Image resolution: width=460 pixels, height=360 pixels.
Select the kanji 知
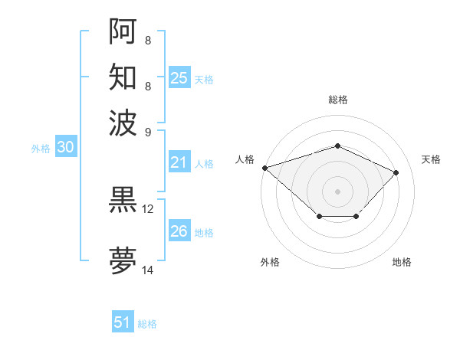pos(123,77)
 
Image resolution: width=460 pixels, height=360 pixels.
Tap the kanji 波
pos(123,122)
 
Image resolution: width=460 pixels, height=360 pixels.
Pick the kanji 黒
pos(123,200)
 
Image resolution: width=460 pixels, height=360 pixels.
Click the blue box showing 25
pos(179,78)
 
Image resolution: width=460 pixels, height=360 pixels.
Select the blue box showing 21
pos(179,162)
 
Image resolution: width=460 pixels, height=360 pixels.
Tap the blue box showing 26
pos(179,231)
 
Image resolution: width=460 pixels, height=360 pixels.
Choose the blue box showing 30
pos(66,148)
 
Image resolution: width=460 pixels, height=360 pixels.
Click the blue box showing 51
pos(123,322)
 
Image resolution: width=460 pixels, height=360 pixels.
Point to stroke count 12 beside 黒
pos(148,208)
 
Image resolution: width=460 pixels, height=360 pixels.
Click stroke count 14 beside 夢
pos(148,270)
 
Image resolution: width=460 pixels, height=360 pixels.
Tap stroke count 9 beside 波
pos(148,131)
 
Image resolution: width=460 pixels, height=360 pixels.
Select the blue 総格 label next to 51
pos(147,324)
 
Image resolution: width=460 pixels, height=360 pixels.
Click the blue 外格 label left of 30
pos(41,149)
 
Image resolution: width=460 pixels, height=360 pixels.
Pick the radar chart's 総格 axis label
pos(337,100)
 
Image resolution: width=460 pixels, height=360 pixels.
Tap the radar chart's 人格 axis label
pos(245,159)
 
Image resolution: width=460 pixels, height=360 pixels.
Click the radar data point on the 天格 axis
pos(396,172)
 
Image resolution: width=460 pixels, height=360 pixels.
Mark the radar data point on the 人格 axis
pos(264,168)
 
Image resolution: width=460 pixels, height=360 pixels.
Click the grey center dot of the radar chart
pos(337,191)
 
